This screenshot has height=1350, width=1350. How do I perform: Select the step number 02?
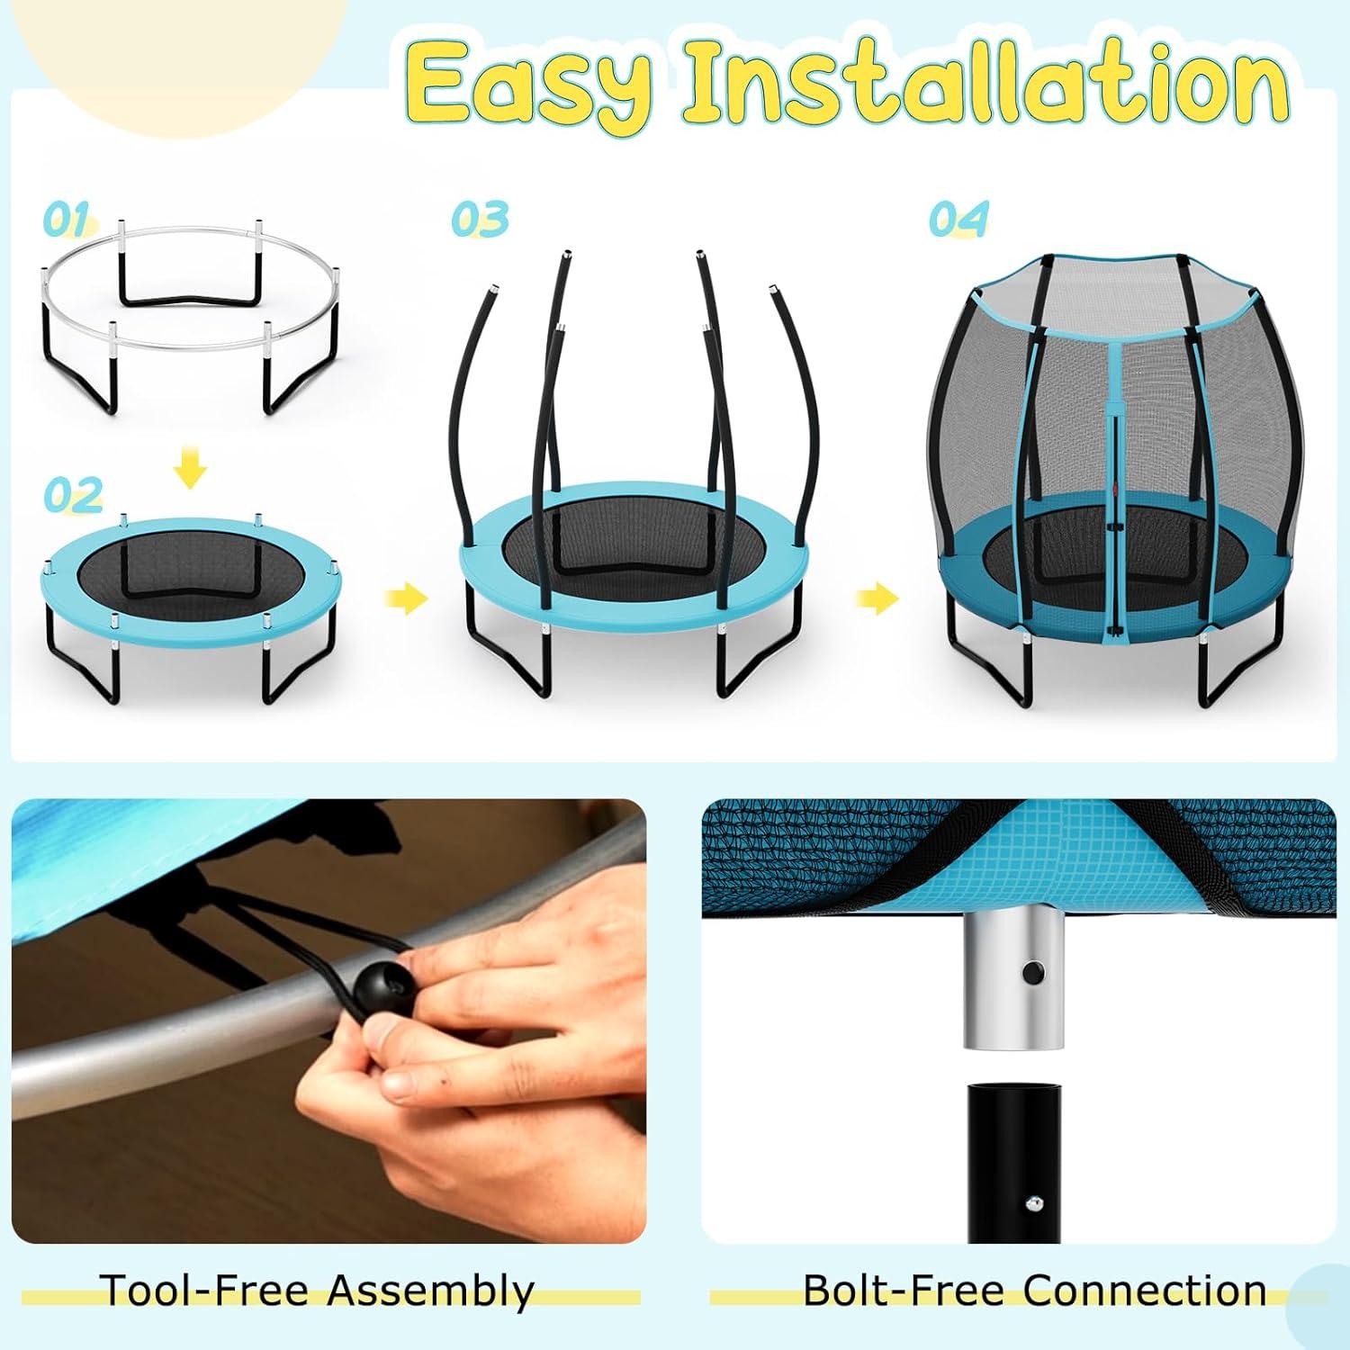click(73, 495)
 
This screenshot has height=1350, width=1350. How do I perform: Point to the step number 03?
click(480, 219)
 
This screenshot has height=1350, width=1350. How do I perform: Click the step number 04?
click(958, 219)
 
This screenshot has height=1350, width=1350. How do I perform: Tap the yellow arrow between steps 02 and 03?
click(406, 598)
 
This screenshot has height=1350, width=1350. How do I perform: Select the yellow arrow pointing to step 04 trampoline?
click(877, 598)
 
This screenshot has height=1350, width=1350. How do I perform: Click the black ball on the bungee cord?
click(378, 992)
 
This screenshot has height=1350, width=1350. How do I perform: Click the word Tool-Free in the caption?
click(207, 1290)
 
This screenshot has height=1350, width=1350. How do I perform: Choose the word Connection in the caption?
click(1145, 1290)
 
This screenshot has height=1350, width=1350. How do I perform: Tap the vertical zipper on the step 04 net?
click(1117, 468)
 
